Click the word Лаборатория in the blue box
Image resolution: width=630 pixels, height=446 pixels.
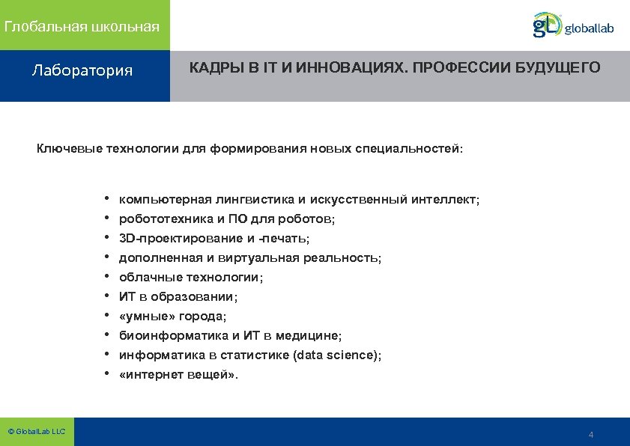[82, 71]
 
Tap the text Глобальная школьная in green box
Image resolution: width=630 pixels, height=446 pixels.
[82, 27]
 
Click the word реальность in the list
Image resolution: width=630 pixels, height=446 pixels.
[342, 258]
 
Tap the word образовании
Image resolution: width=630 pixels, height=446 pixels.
[193, 297]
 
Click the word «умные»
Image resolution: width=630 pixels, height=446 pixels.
[144, 317]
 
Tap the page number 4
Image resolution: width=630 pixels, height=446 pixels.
[591, 436]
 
